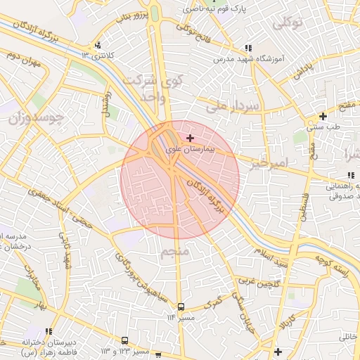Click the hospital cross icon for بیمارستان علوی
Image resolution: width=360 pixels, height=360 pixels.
click(191, 139)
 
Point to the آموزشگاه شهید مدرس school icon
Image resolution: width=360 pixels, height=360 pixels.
click(247, 48)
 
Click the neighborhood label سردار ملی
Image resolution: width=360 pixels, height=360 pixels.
click(233, 106)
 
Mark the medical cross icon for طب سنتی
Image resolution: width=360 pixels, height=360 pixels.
click(323, 116)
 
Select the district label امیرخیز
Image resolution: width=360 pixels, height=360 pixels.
click(269, 163)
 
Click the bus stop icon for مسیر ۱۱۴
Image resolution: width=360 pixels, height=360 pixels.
click(181, 307)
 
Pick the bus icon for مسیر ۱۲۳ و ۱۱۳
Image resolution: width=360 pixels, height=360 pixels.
click(125, 340)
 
